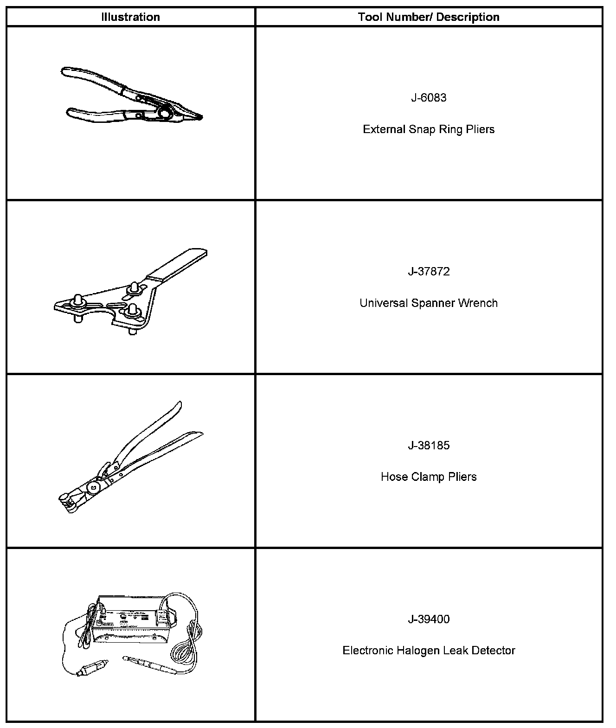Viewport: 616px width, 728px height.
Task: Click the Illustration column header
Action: click(130, 17)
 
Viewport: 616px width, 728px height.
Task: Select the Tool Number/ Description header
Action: click(429, 17)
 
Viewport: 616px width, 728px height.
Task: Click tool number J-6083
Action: click(429, 98)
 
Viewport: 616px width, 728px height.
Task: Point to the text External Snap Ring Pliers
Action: click(429, 129)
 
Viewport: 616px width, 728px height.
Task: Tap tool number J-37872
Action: click(429, 272)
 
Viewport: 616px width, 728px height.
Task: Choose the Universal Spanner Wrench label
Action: click(429, 303)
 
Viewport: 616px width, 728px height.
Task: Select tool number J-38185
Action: click(429, 446)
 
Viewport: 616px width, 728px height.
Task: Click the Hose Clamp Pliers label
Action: click(429, 477)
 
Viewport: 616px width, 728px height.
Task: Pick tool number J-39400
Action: click(429, 619)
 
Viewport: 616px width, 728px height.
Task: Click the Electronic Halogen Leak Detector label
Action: click(429, 651)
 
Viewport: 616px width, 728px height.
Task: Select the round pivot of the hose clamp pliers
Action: click(94, 487)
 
